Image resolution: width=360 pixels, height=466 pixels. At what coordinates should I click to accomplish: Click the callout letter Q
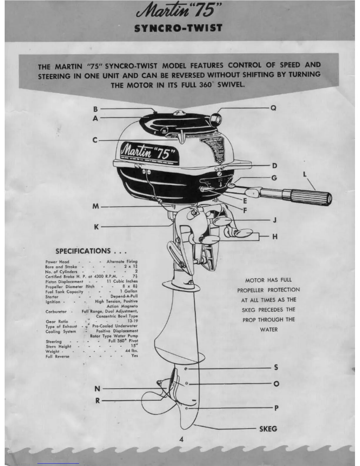tap(273, 108)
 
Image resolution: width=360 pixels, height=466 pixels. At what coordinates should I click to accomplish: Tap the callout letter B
tap(96, 109)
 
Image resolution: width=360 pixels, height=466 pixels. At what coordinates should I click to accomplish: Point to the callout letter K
tap(96, 227)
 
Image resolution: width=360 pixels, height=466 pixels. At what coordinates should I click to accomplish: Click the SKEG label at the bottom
tap(268, 429)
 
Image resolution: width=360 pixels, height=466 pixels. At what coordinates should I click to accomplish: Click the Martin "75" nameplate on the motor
tap(149, 152)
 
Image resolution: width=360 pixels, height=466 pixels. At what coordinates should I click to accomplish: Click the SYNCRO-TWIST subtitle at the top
tap(178, 28)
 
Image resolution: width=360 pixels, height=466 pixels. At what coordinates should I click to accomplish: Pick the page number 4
tap(181, 440)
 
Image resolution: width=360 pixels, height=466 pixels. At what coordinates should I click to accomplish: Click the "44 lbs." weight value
tap(131, 351)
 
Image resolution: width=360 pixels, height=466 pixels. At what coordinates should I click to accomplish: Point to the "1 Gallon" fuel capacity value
tap(131, 291)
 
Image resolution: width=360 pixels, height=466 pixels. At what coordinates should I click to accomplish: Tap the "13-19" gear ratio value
tap(132, 321)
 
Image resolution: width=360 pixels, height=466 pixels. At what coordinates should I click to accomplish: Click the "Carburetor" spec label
tap(56, 312)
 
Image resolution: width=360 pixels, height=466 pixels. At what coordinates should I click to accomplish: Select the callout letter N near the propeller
tap(97, 389)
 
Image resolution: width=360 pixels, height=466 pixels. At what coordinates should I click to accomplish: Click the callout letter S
tap(276, 367)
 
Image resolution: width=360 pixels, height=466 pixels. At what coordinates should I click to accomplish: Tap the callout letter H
tap(275, 236)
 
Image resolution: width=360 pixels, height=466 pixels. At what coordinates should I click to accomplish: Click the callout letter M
tap(96, 207)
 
